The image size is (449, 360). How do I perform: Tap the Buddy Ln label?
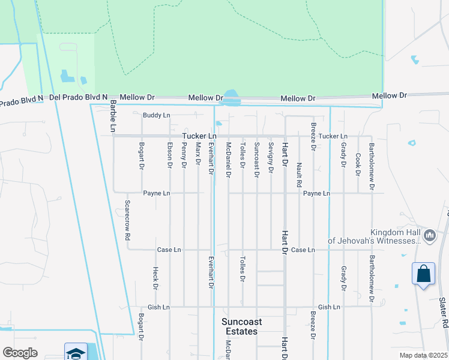click(x=157, y=115)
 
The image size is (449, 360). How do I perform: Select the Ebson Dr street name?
click(x=170, y=155)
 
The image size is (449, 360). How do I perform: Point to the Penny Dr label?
click(x=184, y=155)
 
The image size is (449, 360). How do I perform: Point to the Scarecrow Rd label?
click(x=127, y=220)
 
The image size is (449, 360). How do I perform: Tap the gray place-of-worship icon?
click(x=429, y=236)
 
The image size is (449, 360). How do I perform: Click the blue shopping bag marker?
click(x=423, y=274)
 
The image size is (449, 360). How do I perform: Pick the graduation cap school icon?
click(x=76, y=353)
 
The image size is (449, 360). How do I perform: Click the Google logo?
click(x=20, y=353)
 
